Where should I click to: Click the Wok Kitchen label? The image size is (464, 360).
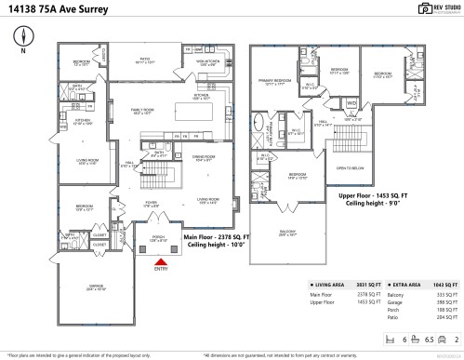pyautogui.click(x=206, y=63)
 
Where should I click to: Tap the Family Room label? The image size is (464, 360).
pyautogui.click(x=142, y=111)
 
